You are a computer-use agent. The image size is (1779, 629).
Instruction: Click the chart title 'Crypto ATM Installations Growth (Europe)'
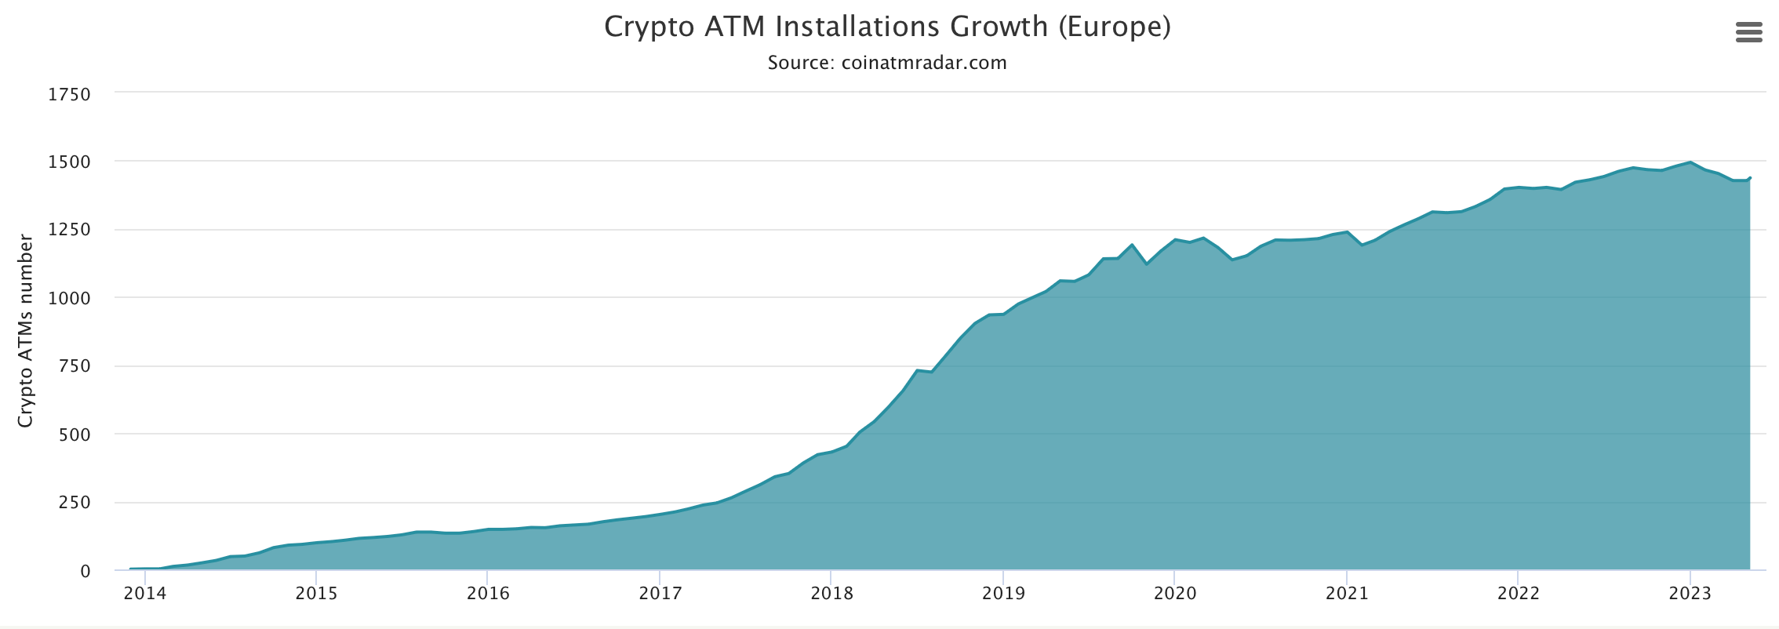(x=887, y=27)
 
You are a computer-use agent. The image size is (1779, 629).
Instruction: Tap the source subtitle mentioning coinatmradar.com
(x=887, y=63)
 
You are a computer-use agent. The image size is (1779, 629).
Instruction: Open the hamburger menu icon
(x=1748, y=32)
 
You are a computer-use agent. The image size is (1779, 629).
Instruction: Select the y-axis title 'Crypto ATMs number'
(x=26, y=330)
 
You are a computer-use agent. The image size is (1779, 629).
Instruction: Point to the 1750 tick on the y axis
(x=70, y=94)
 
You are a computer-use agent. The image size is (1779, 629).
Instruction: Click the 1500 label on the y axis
(x=70, y=162)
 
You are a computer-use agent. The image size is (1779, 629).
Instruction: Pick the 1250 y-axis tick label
(x=70, y=231)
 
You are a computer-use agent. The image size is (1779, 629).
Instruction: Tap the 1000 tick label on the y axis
(x=70, y=298)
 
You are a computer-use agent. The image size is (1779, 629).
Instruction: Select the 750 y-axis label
(x=75, y=366)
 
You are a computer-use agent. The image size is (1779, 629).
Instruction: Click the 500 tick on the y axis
(x=75, y=434)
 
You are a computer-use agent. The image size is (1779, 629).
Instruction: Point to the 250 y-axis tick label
(x=75, y=503)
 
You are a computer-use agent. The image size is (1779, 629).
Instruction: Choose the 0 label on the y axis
(x=85, y=572)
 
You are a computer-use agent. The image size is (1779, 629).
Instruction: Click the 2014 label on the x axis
(x=145, y=594)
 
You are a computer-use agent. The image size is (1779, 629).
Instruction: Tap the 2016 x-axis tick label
(x=488, y=594)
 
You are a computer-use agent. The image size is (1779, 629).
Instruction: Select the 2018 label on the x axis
(x=831, y=594)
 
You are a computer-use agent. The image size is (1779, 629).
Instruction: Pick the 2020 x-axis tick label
(x=1175, y=594)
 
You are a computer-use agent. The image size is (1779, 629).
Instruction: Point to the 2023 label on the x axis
(x=1690, y=594)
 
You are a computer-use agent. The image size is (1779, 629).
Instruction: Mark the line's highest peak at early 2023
(x=1690, y=162)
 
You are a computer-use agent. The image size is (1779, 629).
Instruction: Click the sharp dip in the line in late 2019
(x=1147, y=264)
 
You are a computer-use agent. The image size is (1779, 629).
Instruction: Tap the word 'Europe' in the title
(x=1114, y=27)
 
